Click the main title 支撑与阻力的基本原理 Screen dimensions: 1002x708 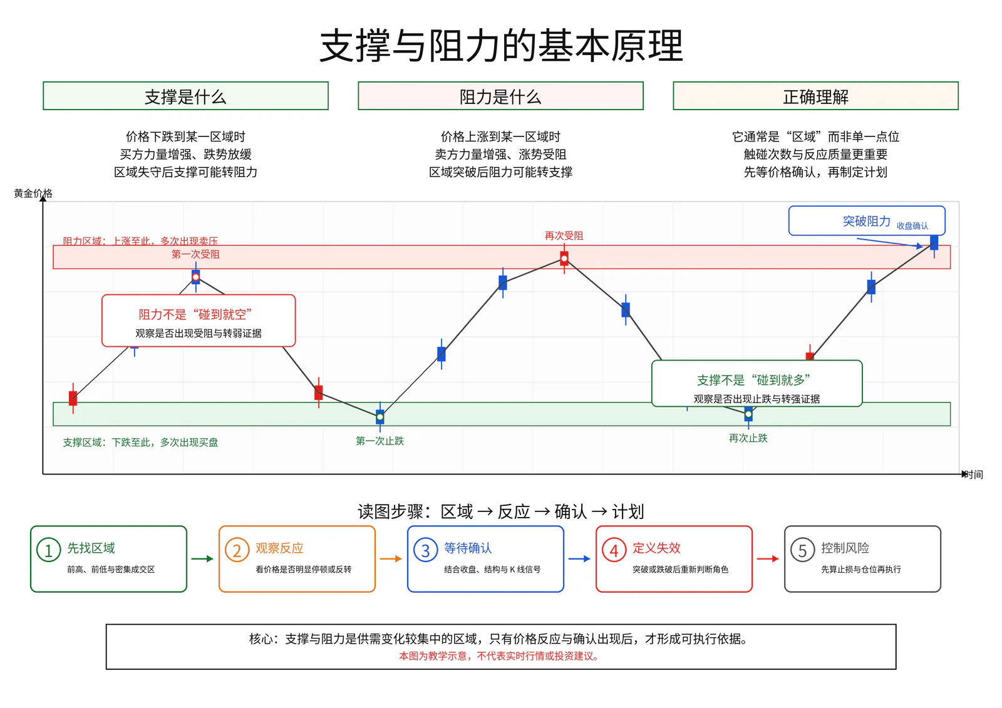click(501, 46)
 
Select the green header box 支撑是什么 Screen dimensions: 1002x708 click(185, 96)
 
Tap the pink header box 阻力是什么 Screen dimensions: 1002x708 click(500, 96)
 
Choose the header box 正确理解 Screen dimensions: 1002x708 click(815, 96)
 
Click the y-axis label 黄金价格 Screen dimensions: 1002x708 click(33, 193)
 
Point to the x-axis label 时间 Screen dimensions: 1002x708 click(973, 475)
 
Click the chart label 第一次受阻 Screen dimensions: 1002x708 click(195, 255)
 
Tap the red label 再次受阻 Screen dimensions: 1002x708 click(564, 236)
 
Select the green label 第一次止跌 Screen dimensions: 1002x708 click(380, 441)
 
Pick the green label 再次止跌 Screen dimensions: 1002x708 click(748, 438)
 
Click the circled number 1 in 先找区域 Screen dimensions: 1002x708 click(48, 550)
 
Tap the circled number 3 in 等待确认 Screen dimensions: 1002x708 click(425, 550)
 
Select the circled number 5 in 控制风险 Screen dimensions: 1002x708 click(802, 550)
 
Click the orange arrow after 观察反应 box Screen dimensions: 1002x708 click(391, 558)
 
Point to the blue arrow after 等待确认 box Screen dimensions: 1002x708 click(579, 558)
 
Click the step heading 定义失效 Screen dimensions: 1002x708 click(656, 548)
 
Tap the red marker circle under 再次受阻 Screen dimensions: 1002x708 click(564, 259)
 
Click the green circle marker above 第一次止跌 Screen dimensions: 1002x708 click(380, 417)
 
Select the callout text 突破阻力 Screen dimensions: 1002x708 click(867, 221)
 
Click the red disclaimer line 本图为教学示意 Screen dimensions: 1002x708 click(498, 656)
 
